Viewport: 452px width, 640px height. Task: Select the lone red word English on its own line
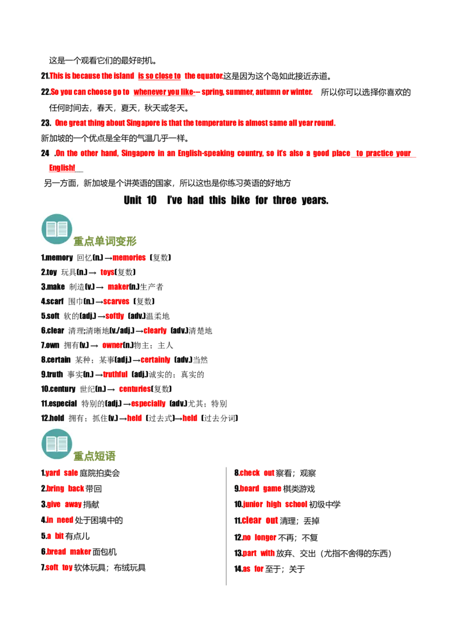pos(61,168)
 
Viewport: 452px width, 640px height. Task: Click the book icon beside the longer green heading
pos(56,228)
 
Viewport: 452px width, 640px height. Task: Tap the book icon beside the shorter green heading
pos(56,444)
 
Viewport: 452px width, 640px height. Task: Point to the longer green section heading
pos(106,241)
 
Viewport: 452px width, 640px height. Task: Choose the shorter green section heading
pos(95,455)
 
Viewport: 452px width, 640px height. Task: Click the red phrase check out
pos(257,473)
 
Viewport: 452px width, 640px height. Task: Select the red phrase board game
pos(260,488)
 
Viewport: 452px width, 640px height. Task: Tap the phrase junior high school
pos(275,504)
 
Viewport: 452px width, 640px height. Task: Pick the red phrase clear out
pos(260,520)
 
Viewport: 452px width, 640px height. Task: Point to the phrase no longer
pos(259,538)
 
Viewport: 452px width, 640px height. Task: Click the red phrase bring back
pos(65,488)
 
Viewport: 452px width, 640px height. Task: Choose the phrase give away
pos(64,504)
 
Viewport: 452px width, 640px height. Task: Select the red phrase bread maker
pos(68,551)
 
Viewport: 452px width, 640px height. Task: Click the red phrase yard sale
pos(62,473)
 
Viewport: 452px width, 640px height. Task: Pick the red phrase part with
pos(259,552)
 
